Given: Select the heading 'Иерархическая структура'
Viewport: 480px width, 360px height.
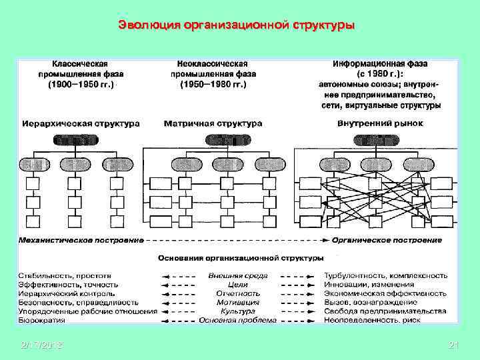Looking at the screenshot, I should (x=81, y=123).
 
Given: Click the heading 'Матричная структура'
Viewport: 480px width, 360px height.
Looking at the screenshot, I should (x=213, y=123).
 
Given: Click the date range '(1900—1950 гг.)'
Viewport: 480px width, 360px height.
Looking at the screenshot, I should (x=81, y=85).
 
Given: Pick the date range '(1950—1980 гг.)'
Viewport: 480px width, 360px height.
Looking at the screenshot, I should (x=213, y=85).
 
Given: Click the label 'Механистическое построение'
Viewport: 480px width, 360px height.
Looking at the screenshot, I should (x=81, y=240).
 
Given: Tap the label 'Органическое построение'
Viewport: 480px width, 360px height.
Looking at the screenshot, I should (x=387, y=240).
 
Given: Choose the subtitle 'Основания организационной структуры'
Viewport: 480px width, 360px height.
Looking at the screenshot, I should (x=241, y=257).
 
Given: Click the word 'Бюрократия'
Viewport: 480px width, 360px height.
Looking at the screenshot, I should (x=42, y=320).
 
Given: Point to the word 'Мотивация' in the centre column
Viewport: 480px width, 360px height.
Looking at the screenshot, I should (x=237, y=302).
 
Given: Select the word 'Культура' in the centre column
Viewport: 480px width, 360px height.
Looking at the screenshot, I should (x=237, y=311).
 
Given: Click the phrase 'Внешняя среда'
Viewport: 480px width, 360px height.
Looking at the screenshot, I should (x=237, y=275).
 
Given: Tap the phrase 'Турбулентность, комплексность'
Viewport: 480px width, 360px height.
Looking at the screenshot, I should (x=385, y=275).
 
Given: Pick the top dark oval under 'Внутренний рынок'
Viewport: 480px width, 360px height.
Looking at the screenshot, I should (x=378, y=140).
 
